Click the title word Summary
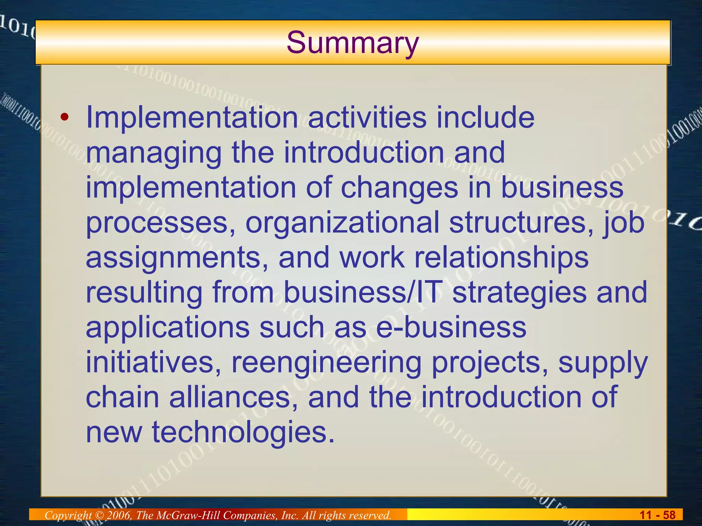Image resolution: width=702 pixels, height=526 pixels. [x=353, y=42]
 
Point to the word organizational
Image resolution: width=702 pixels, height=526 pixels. [x=342, y=223]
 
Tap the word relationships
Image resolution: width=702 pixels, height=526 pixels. [x=501, y=258]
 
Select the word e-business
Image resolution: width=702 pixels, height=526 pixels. [x=451, y=327]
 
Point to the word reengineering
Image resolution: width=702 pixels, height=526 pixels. [x=326, y=363]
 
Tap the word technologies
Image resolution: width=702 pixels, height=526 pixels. [x=243, y=433]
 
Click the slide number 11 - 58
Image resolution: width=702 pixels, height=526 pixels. [x=657, y=515]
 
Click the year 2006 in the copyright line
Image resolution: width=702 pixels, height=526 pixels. [x=119, y=515]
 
